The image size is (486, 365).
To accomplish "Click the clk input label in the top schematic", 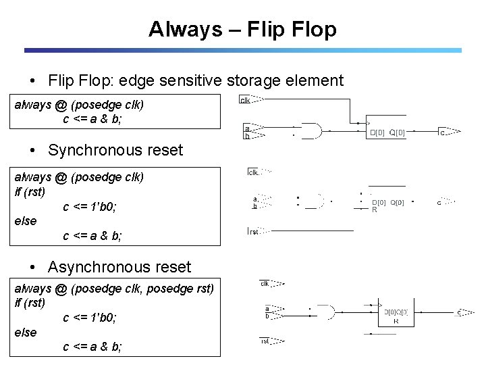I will coord(246,100).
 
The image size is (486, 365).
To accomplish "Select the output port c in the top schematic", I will coord(443,132).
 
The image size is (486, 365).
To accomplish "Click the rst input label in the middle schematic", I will coord(254,232).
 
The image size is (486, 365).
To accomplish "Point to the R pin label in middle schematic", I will coord(375,210).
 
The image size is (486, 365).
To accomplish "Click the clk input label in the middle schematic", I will coord(253,172).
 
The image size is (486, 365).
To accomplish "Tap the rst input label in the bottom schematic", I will coord(265,341).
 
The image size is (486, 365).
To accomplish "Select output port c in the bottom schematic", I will coord(460,312).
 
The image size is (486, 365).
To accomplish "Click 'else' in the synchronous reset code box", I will coord(26,221).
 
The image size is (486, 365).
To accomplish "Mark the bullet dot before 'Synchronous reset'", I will coord(34,150).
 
